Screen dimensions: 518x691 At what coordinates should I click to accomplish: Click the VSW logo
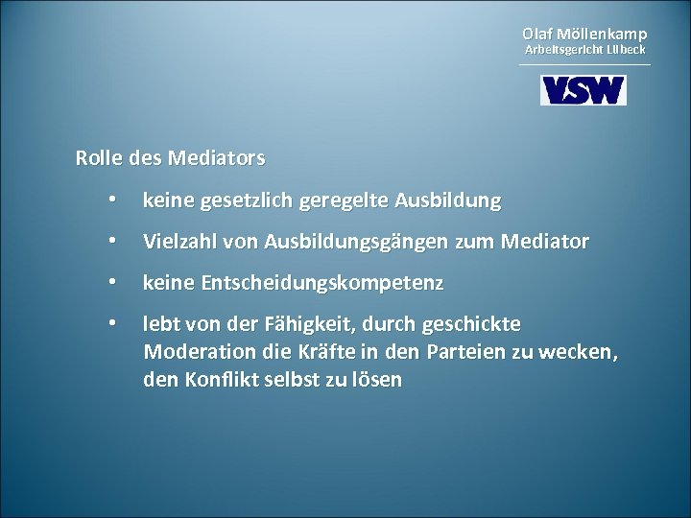pyautogui.click(x=583, y=89)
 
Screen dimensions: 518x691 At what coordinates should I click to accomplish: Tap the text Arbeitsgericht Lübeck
pyautogui.click(x=584, y=49)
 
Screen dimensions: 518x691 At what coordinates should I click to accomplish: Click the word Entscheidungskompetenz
pyautogui.click(x=317, y=285)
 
